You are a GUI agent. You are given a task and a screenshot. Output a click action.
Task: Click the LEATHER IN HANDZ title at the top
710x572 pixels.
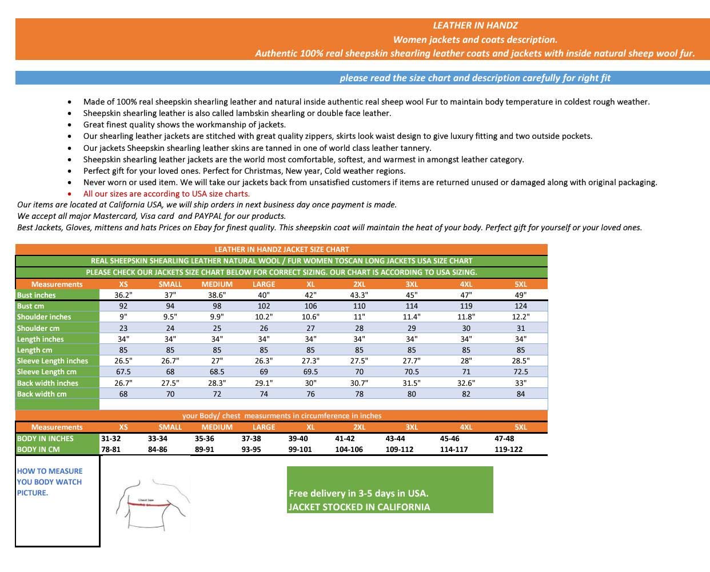475,25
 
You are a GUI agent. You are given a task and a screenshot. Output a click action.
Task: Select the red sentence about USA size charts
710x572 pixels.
166,194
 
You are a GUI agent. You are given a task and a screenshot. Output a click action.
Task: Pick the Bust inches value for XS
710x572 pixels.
123,295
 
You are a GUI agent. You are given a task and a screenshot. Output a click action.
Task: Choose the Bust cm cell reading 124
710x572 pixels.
520,306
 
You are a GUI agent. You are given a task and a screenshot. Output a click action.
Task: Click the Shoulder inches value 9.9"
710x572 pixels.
217,317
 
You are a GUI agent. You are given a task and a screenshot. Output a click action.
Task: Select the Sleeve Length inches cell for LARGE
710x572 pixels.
264,361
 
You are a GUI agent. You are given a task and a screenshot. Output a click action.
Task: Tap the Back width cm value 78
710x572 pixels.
359,394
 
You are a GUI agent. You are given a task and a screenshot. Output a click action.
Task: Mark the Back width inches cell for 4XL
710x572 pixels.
466,383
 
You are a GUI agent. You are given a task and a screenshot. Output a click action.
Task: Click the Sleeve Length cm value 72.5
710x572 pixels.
520,371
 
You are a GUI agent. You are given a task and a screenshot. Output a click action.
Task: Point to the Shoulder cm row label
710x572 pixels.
38,328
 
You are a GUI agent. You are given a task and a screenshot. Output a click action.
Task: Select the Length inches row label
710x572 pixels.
41,339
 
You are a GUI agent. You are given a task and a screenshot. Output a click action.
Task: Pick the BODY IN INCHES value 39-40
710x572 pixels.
298,438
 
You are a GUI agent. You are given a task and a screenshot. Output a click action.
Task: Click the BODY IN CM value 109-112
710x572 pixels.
399,449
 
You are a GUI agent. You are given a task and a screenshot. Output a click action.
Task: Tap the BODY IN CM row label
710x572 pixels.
38,449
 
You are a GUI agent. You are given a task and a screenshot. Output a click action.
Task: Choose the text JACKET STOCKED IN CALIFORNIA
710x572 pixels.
359,507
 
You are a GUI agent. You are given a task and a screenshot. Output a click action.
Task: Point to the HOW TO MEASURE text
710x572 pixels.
50,471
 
